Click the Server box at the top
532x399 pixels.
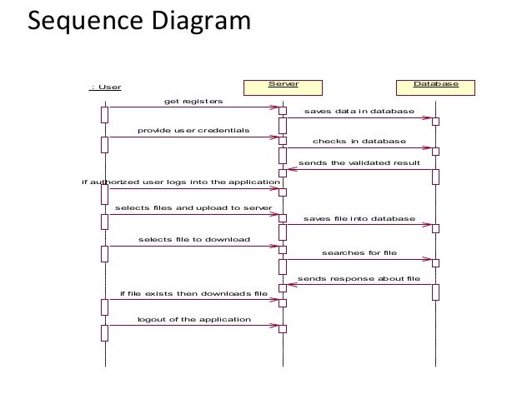(x=283, y=87)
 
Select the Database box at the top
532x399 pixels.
(x=435, y=87)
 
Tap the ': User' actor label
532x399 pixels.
(x=105, y=87)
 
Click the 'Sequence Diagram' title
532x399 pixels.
(x=139, y=21)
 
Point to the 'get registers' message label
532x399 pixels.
(x=193, y=102)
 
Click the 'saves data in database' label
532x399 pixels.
(x=359, y=111)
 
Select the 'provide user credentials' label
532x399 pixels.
(x=193, y=131)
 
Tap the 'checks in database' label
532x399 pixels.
(x=359, y=141)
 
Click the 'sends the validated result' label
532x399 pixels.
(x=359, y=163)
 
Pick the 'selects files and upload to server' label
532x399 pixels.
(x=193, y=207)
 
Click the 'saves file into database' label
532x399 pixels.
(x=359, y=218)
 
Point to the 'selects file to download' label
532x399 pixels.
(x=194, y=240)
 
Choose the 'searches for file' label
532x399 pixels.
(x=359, y=253)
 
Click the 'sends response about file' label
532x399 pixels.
(x=359, y=279)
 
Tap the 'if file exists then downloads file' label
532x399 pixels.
(x=193, y=293)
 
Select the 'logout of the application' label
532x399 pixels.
(x=194, y=320)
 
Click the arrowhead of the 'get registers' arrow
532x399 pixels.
(x=275, y=107)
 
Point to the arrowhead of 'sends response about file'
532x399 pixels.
(x=291, y=284)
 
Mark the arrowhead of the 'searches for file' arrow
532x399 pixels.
(x=428, y=260)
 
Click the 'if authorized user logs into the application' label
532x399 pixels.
(x=181, y=182)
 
